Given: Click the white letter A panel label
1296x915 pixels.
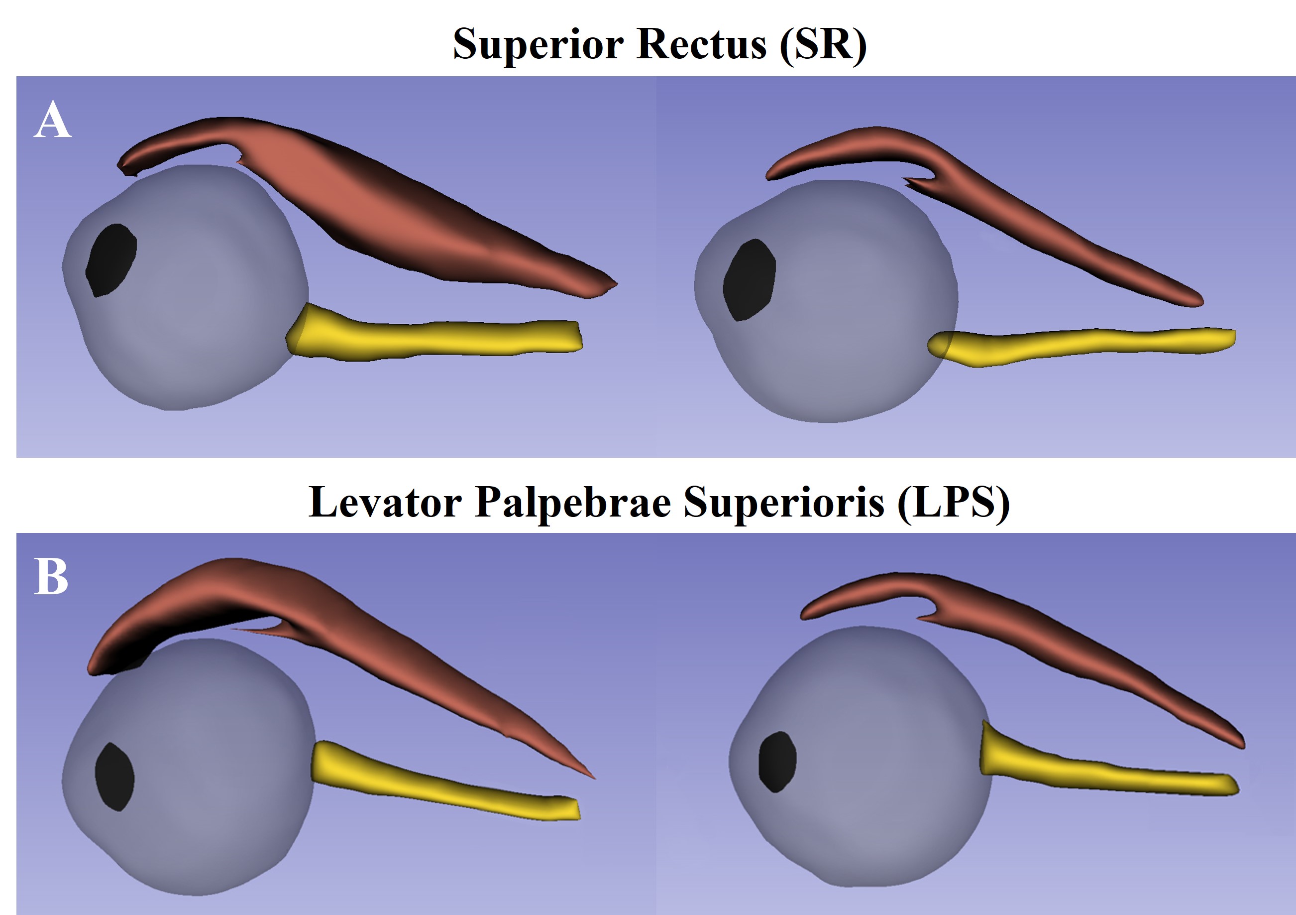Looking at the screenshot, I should [52, 119].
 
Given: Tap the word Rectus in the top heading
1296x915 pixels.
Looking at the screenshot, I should [701, 44].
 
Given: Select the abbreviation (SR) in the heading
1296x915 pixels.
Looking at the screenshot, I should [823, 44].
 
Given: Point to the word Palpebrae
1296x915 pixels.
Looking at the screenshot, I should [572, 502].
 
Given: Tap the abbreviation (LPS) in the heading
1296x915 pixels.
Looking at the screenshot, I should [954, 502].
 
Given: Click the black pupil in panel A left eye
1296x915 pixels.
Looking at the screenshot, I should [111, 260].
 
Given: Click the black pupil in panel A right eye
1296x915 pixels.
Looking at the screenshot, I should [749, 279].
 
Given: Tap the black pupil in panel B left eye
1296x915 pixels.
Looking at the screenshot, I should [114, 777].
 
